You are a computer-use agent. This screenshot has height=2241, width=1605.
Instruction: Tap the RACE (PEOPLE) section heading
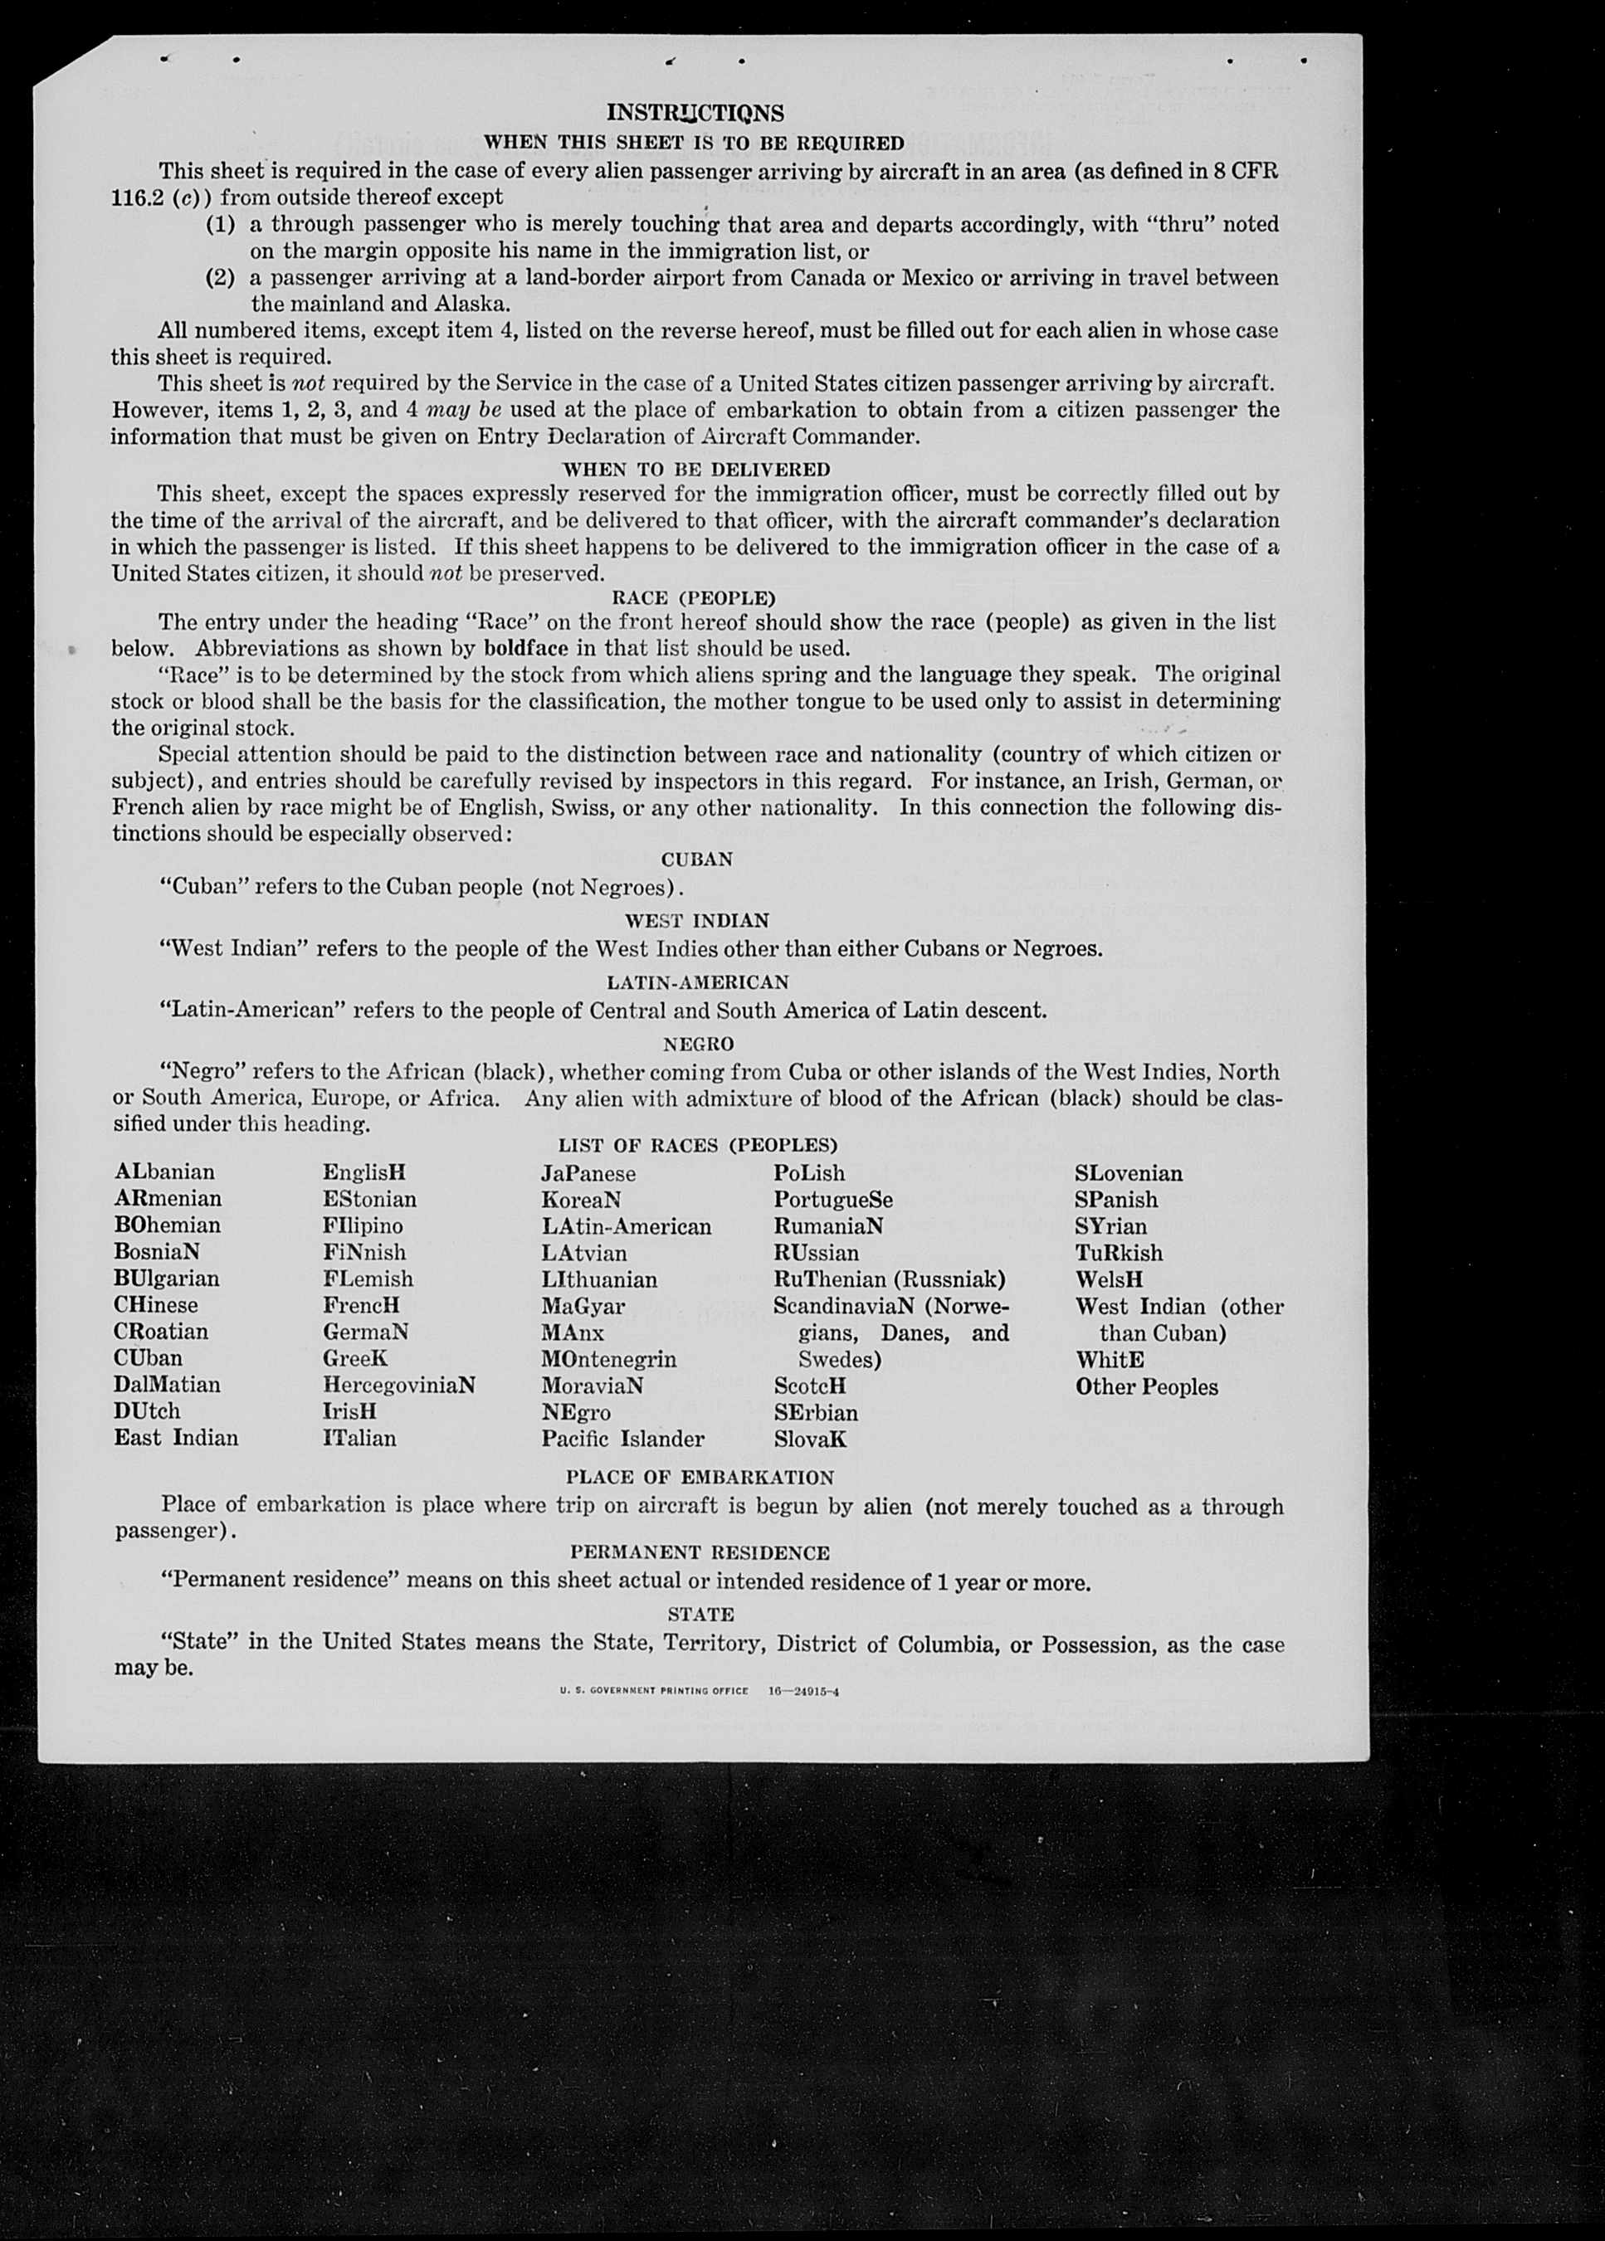coord(694,598)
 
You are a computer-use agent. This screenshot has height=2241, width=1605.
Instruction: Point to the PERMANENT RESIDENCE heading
coord(700,1552)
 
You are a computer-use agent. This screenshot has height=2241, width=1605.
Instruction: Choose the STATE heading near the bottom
coord(700,1615)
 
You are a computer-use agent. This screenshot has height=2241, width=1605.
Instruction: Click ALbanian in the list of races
coord(164,1172)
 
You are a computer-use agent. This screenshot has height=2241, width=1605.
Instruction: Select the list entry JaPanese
coord(588,1174)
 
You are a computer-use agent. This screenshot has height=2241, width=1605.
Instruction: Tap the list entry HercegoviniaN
coord(398,1386)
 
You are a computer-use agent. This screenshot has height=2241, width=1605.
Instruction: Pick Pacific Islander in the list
coord(622,1439)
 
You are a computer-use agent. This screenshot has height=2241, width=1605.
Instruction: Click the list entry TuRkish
coord(1119,1253)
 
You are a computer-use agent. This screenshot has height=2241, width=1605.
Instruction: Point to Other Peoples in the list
coord(1146,1386)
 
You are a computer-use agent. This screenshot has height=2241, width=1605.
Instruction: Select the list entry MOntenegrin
coord(609,1360)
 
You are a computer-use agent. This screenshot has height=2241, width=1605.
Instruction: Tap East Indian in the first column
coord(176,1438)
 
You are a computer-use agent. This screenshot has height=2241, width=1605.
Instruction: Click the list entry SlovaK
coord(811,1440)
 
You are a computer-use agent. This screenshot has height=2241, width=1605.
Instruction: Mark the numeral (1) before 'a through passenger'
coord(221,224)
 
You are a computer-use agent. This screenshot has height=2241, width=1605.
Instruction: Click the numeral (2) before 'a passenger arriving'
coord(221,278)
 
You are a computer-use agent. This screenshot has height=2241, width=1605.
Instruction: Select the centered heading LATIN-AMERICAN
coord(698,982)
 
